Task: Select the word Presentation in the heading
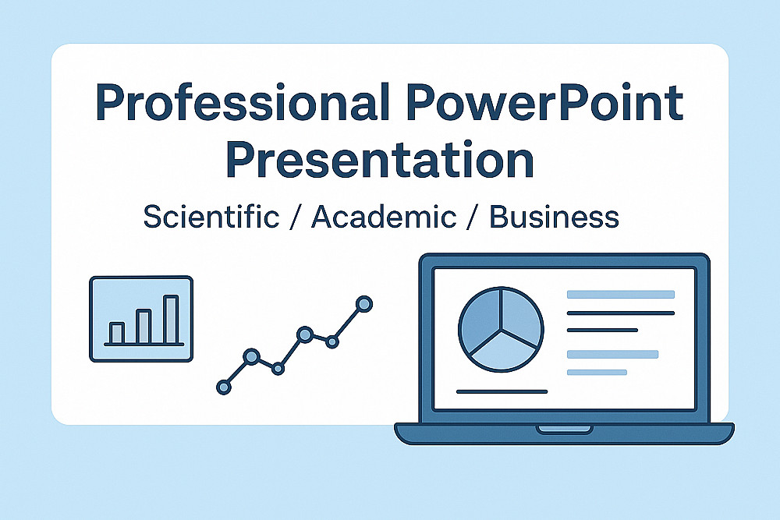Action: point(380,160)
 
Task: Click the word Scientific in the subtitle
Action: point(211,217)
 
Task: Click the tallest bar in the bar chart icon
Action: point(171,319)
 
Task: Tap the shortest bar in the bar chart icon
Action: point(116,333)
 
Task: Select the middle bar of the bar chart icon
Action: point(144,326)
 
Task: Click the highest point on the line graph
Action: point(364,304)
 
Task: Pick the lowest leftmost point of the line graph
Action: point(224,387)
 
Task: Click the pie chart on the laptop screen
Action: point(501,329)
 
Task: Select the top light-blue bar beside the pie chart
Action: point(621,294)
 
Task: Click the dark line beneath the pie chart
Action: point(502,391)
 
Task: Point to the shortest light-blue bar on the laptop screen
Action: point(597,373)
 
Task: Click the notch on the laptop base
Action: point(564,429)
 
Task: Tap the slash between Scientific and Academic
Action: point(296,218)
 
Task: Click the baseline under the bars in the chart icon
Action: point(144,344)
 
